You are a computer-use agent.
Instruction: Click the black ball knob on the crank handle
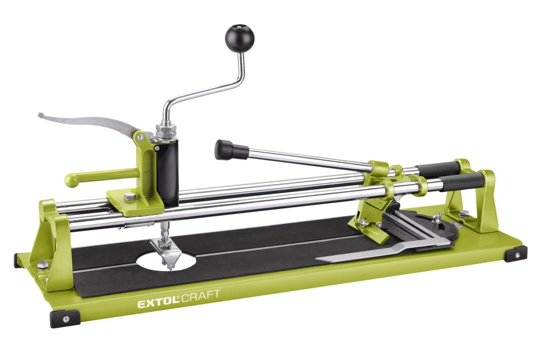[239, 39]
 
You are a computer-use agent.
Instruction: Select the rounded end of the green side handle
[70, 181]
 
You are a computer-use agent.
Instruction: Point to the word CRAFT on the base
[201, 294]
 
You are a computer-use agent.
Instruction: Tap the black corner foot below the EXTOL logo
[65, 318]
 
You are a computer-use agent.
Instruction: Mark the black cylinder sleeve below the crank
[168, 172]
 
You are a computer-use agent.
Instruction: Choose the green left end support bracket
[54, 244]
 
